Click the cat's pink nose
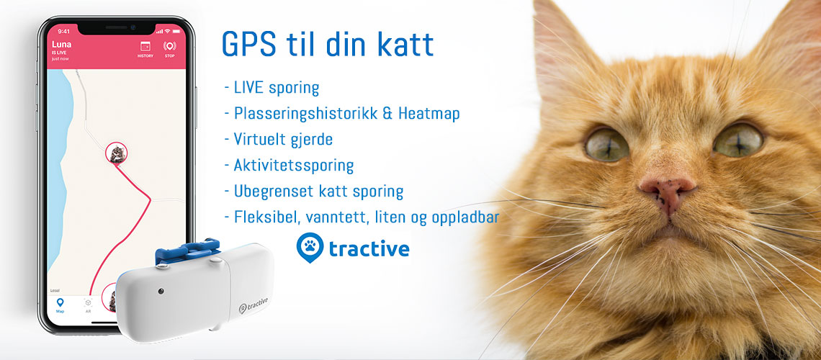tap(668, 192)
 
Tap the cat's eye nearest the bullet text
tap(607, 144)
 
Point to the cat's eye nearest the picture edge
tap(737, 139)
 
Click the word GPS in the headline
tap(248, 45)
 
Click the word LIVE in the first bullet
tap(248, 87)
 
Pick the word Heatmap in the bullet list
tap(429, 113)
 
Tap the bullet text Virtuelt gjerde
tap(283, 139)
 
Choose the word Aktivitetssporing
tap(294, 166)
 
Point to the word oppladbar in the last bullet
tap(466, 217)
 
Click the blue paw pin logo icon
tap(310, 247)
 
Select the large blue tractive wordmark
tap(369, 248)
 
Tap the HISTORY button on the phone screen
tap(145, 49)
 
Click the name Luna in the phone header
tap(61, 45)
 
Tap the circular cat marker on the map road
tap(116, 153)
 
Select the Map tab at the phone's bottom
tap(60, 305)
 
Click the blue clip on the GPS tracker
tap(187, 251)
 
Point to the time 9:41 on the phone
tap(64, 31)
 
